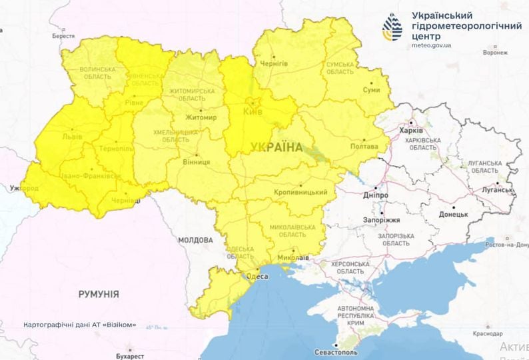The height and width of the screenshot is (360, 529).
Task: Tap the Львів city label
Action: click(72, 136)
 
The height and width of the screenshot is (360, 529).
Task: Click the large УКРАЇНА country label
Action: click(276, 147)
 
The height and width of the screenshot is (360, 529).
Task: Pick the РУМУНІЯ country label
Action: click(99, 293)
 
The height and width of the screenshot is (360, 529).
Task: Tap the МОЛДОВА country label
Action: click(195, 239)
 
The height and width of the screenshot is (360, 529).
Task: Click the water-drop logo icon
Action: click(392, 27)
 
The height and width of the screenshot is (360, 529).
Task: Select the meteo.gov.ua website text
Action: click(432, 45)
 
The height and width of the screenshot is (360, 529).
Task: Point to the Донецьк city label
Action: click(453, 215)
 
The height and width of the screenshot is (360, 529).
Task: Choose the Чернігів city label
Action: click(274, 63)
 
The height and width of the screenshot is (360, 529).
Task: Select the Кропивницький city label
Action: click(300, 192)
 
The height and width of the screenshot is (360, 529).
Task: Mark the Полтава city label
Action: click(364, 147)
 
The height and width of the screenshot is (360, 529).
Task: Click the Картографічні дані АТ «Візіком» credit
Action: click(79, 325)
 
